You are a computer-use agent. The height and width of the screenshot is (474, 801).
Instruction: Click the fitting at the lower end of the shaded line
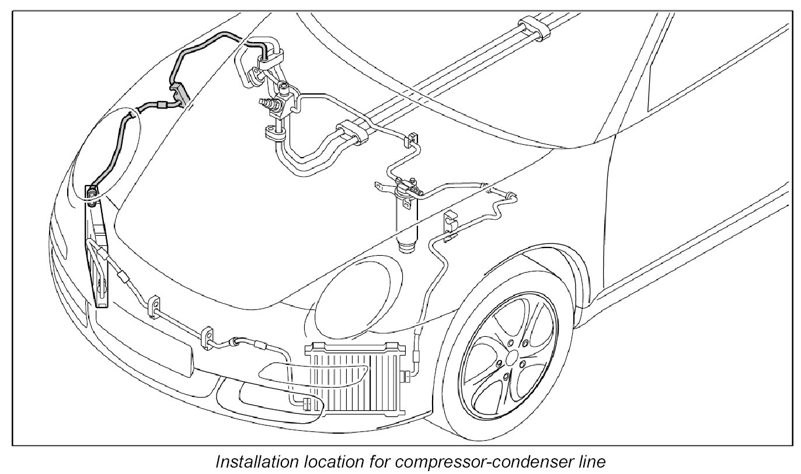pyautogui.click(x=92, y=193)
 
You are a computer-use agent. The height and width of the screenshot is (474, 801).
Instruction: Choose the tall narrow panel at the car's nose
pyautogui.click(x=99, y=251)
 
